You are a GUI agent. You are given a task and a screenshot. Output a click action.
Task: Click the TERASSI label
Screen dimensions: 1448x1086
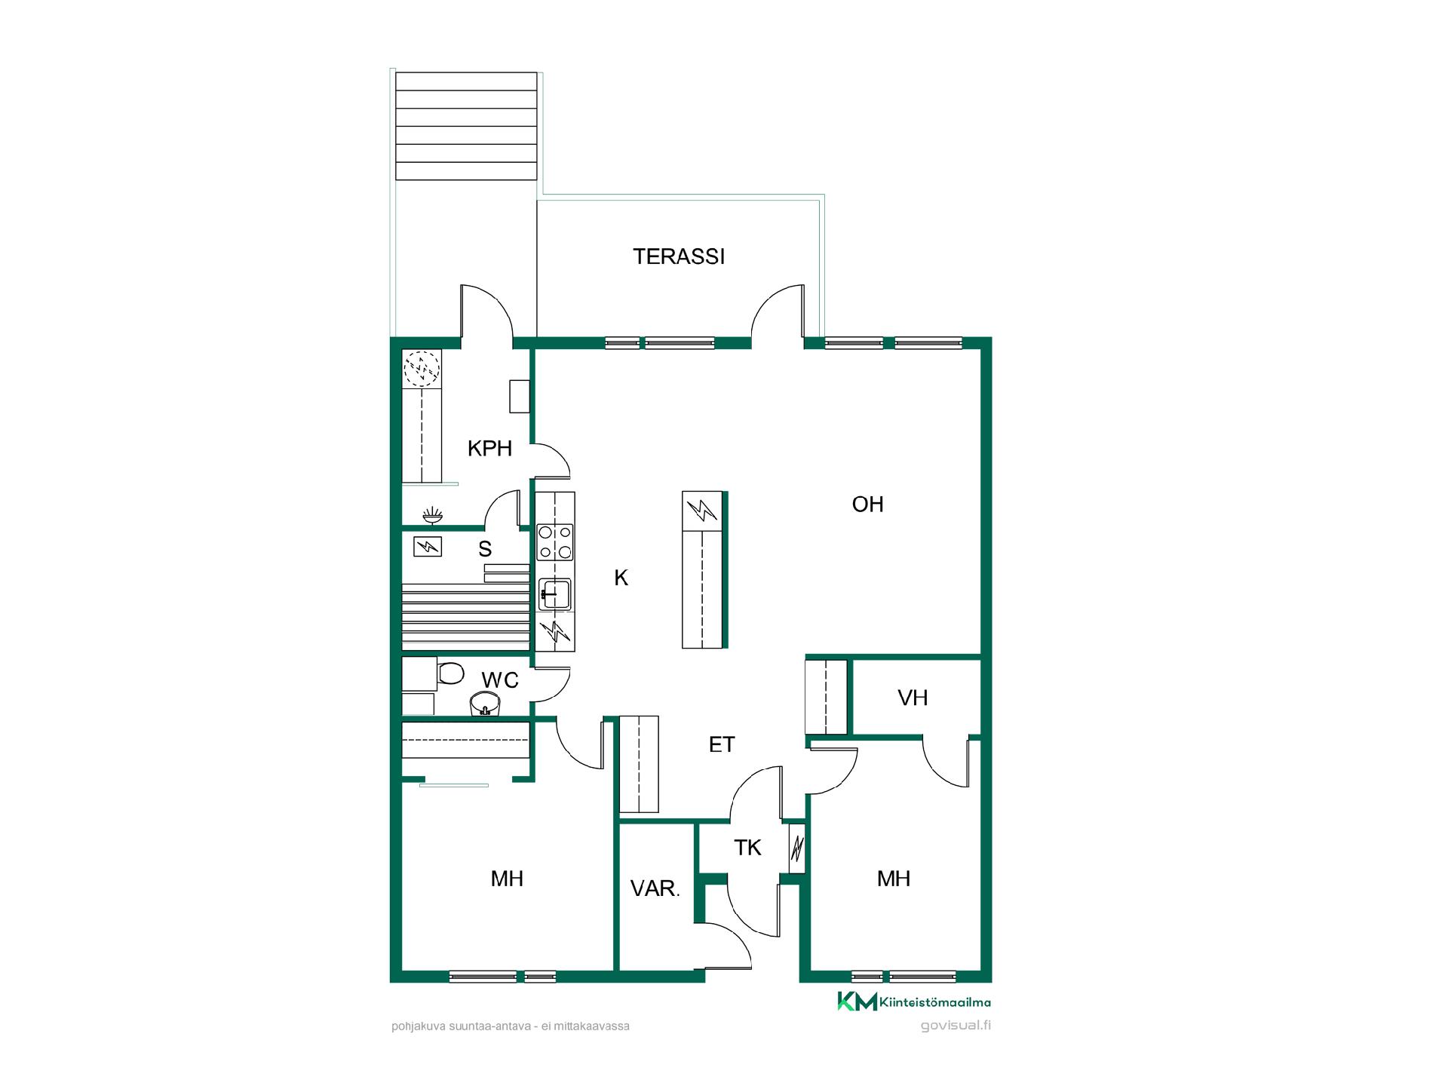pos(679,256)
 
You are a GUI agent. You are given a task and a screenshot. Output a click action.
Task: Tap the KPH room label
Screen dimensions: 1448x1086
pos(489,449)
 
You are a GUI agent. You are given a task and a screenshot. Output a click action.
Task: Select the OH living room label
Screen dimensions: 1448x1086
pos(867,505)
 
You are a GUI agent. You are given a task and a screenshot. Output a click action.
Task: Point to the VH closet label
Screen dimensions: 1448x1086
pos(913,698)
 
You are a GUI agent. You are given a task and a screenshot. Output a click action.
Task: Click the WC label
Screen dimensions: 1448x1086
pos(500,680)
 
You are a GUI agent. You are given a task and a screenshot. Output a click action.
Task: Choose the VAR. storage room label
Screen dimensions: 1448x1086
pos(655,888)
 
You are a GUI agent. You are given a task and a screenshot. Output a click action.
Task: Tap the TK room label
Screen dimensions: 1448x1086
pos(747,848)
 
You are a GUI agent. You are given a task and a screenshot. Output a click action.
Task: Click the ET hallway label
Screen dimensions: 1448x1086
pos(722,744)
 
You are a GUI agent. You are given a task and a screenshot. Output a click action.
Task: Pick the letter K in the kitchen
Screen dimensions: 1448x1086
pos(621,578)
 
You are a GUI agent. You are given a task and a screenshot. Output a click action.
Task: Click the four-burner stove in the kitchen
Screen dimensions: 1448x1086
pos(555,542)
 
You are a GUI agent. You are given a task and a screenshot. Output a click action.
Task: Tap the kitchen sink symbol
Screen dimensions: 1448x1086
pos(555,594)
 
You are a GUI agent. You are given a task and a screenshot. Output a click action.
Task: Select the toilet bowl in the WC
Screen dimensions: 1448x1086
pos(450,672)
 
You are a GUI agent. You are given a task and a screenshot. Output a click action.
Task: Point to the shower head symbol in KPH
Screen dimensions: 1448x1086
pos(432,516)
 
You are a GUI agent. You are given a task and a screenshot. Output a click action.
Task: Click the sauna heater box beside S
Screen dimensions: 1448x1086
pos(428,546)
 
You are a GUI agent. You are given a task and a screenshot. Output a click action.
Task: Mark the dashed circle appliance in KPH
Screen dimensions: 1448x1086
pos(422,369)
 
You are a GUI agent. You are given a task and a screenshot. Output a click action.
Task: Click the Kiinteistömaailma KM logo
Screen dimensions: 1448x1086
pos(914,1002)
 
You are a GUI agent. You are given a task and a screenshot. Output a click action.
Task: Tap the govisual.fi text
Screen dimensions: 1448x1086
pos(956,1026)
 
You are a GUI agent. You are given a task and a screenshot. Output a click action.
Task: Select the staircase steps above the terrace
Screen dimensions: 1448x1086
pos(466,126)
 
